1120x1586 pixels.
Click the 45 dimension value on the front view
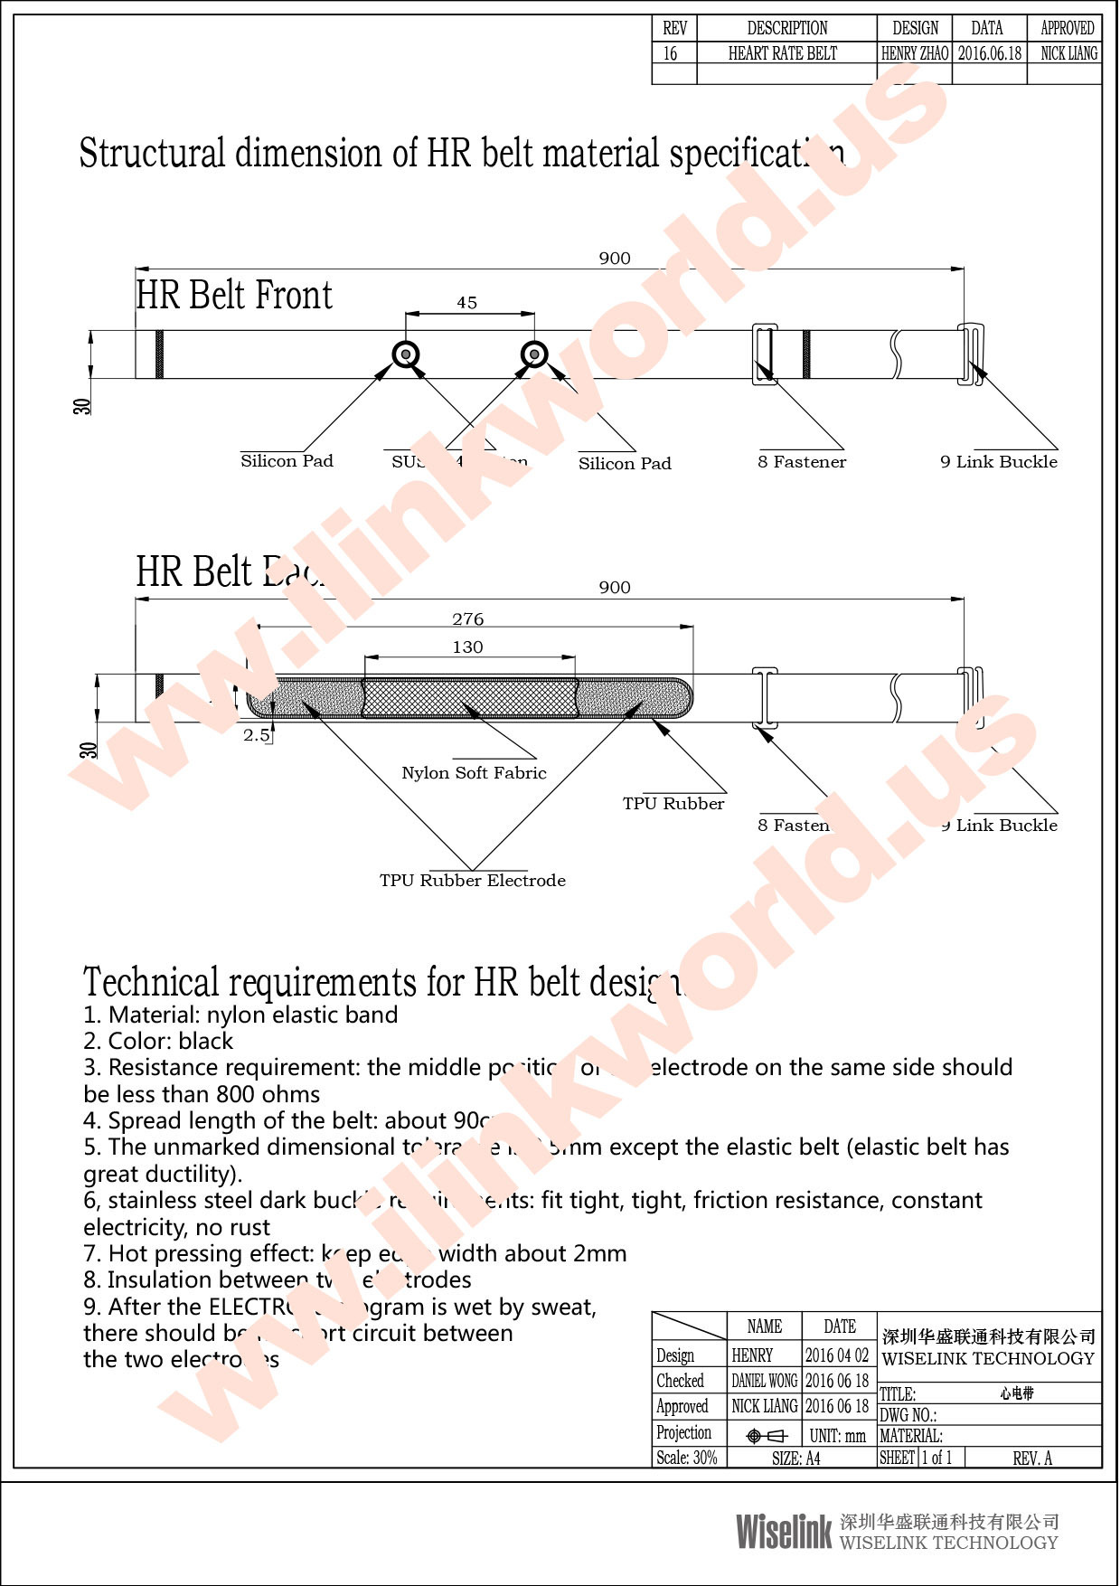coord(466,303)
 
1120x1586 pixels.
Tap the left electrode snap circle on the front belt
coord(406,354)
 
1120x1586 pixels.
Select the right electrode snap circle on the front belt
coord(534,354)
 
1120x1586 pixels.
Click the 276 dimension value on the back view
coord(467,619)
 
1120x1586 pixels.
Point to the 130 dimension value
coord(467,647)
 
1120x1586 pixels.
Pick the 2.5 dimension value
coord(256,735)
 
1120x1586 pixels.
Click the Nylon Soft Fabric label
coord(474,773)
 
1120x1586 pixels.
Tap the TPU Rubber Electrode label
coord(472,881)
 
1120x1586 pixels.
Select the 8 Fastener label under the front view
coord(802,462)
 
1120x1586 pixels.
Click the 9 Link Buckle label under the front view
coord(998,462)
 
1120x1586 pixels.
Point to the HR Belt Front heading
coord(234,296)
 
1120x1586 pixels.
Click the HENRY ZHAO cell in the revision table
coord(915,53)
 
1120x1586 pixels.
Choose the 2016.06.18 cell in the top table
coord(990,53)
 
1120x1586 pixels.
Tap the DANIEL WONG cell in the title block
coord(765,1381)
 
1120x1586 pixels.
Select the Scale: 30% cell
coord(687,1458)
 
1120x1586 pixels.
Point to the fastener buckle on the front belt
coord(765,354)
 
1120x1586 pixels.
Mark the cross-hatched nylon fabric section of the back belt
coord(469,698)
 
